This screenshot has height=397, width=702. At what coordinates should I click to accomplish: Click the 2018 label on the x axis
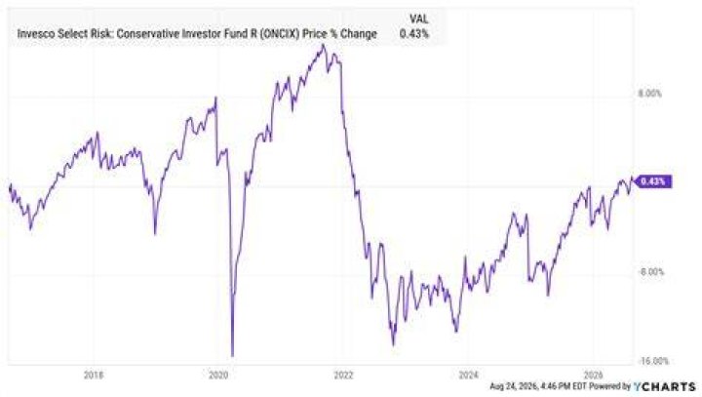tap(94, 375)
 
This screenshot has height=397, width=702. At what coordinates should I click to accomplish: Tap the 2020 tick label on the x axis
tap(218, 375)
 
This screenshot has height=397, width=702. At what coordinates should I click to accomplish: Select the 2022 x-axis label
tap(343, 375)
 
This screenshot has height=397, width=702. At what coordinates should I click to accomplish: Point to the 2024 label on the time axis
tap(468, 375)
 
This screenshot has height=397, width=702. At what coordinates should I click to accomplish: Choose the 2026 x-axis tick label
tap(594, 375)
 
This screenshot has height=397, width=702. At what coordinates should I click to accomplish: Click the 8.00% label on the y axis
tap(649, 94)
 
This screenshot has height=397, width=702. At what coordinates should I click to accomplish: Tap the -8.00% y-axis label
tap(651, 272)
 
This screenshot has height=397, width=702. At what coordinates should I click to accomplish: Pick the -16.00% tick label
tap(652, 361)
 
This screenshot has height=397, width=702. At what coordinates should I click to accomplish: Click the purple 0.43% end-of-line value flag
tap(653, 181)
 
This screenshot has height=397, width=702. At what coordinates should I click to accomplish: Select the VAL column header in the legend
tap(418, 19)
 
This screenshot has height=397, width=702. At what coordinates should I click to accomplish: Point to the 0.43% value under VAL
tap(414, 33)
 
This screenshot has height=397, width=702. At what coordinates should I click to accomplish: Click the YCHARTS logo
tap(664, 386)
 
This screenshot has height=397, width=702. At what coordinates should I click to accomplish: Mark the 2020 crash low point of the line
tap(232, 356)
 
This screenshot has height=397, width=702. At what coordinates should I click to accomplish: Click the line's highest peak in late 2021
tap(324, 45)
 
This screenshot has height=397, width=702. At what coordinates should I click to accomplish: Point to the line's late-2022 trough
tap(394, 344)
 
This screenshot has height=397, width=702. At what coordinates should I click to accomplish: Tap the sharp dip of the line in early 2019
tap(155, 233)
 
